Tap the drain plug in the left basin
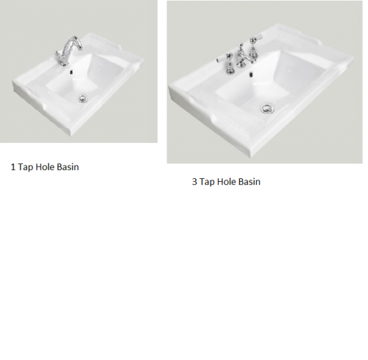83,99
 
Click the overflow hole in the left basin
71,72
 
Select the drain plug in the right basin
268,109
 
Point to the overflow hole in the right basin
251,74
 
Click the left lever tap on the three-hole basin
227,63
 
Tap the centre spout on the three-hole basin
241,56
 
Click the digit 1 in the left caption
13,167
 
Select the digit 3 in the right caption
194,182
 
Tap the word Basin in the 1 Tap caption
68,167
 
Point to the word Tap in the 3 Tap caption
207,183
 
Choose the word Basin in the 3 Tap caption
250,182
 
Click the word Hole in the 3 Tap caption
227,182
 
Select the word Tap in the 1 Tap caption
26,168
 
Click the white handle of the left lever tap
222,59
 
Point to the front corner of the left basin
72,135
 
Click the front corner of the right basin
251,156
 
